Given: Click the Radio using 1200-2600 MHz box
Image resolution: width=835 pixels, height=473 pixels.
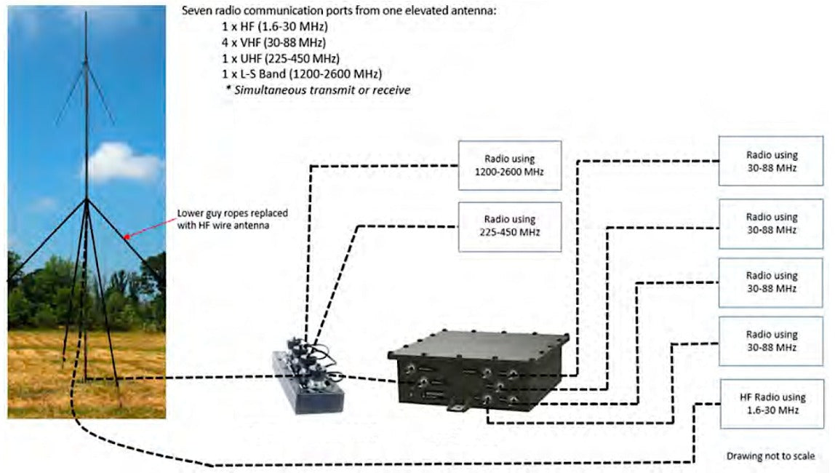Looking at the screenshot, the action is (510, 165).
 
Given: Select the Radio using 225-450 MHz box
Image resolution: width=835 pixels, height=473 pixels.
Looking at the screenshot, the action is (510, 226).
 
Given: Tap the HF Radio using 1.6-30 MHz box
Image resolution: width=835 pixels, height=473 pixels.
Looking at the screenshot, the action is (772, 404).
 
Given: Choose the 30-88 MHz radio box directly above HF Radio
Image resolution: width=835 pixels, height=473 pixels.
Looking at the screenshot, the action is (771, 341).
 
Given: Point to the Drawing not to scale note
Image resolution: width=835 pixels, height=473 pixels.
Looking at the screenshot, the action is (770, 456).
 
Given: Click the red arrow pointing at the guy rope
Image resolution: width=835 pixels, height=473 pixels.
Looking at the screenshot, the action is (150, 228).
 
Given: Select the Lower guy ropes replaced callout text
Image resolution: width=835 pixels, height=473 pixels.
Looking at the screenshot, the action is (232, 219).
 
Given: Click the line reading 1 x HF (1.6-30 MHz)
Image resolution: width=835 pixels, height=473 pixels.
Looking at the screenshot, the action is (275, 26).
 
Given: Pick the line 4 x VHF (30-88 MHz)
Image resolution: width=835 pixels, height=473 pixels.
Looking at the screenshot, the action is (273, 42).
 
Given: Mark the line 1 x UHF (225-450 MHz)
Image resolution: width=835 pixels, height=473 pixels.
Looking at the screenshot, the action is (281, 58).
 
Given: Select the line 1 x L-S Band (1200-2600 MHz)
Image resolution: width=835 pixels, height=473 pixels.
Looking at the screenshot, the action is (302, 73).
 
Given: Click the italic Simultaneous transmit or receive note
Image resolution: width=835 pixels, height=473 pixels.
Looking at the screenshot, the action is (318, 90).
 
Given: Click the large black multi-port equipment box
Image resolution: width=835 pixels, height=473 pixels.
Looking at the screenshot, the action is (479, 371).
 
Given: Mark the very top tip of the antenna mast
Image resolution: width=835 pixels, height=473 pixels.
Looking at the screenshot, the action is (86, 12).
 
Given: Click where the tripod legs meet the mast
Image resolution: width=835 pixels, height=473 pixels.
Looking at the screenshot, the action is (87, 200).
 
